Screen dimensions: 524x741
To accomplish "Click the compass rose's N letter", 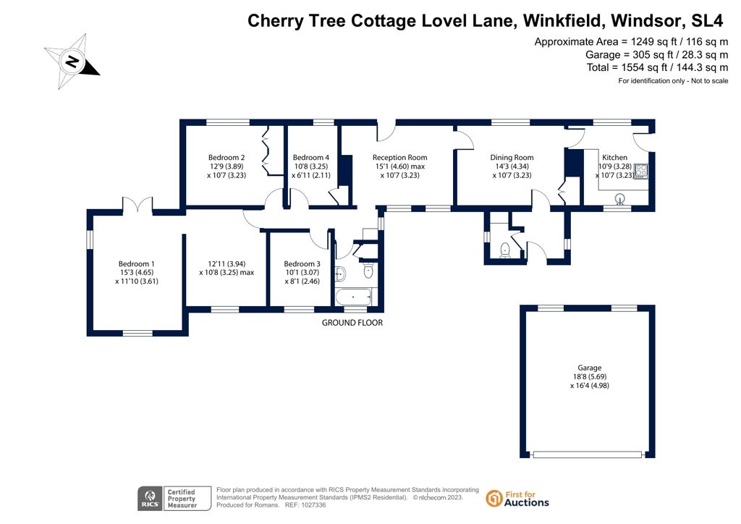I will (72, 62).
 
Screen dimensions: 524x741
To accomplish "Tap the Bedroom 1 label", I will (137, 264).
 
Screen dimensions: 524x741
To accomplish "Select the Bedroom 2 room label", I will (226, 158).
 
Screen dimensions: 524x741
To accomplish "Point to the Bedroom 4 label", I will (311, 158).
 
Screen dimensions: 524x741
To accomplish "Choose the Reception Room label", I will (399, 158).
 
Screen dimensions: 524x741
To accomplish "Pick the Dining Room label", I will (512, 158).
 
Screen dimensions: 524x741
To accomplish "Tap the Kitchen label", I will (615, 158).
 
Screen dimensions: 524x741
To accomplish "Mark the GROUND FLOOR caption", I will (352, 323).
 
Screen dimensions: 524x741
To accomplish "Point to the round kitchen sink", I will (620, 198).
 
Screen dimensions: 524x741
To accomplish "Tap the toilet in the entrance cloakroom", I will (506, 250).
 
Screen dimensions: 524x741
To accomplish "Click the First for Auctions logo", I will (518, 498).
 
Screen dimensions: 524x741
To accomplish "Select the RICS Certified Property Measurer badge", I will (174, 498).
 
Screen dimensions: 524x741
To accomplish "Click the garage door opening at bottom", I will (588, 455).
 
